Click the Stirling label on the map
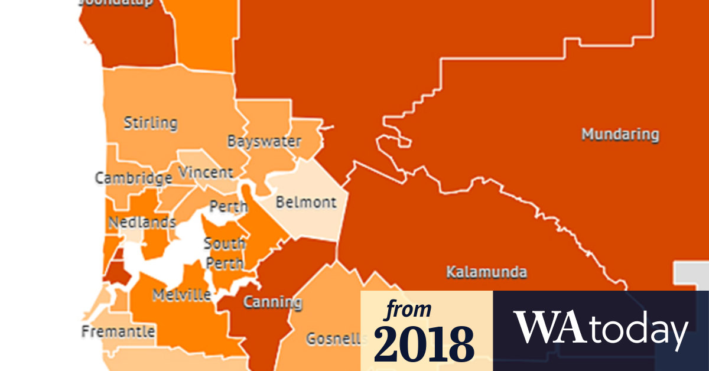tap(150, 123)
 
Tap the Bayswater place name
tap(264, 142)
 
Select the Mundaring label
tap(620, 134)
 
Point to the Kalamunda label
tap(486, 272)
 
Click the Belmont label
tap(306, 202)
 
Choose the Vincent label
tap(206, 173)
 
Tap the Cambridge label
tap(134, 178)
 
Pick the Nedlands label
tap(142, 222)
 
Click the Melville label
tap(181, 295)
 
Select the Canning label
tap(272, 302)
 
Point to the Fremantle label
tap(118, 331)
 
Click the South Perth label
tap(225, 251)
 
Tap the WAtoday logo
tap(601, 328)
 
